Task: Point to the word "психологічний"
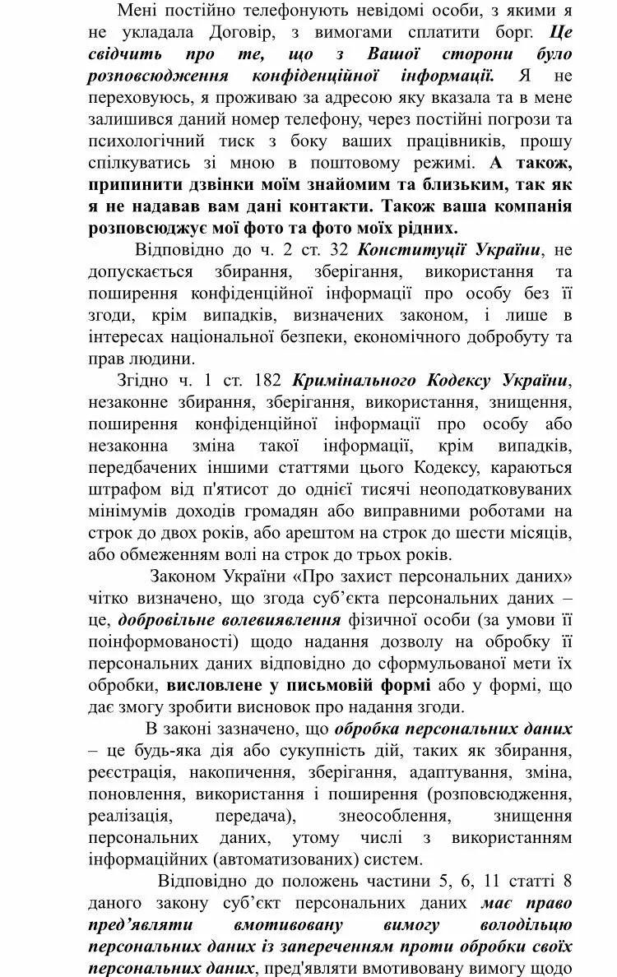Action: click(x=140, y=141)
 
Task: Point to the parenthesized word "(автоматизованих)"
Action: click(x=284, y=859)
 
